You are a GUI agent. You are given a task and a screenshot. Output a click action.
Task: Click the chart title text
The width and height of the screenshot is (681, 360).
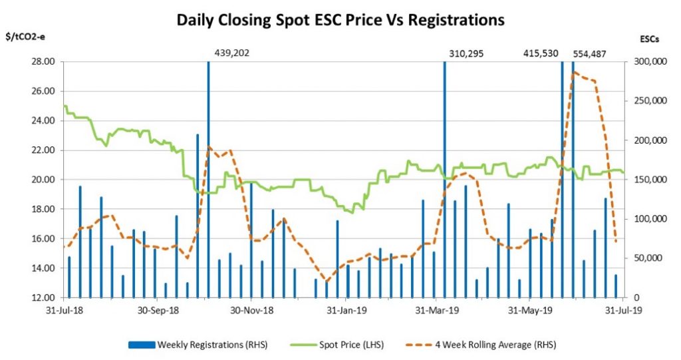click(340, 20)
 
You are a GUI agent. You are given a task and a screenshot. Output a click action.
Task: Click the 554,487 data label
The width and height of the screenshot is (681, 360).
click(595, 52)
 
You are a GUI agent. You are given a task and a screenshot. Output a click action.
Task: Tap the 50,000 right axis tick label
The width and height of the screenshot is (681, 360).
click(646, 258)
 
